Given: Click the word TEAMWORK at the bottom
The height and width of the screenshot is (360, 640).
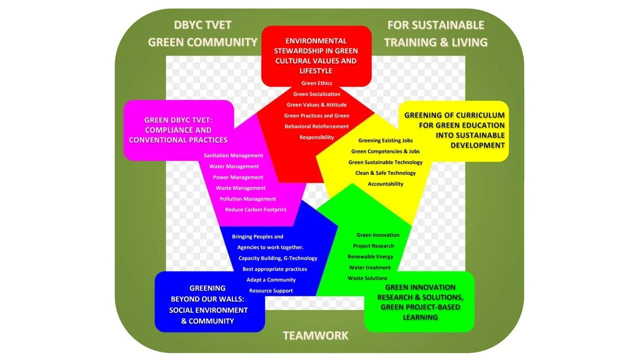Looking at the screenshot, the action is point(315,335).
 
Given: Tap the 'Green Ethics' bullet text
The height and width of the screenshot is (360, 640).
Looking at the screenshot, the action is point(316,83).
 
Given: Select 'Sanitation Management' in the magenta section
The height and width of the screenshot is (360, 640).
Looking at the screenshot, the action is point(233,155).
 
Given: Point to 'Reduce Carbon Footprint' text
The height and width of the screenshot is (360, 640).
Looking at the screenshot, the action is point(255,209).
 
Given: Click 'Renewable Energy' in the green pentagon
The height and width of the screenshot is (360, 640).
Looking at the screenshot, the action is point(370,256).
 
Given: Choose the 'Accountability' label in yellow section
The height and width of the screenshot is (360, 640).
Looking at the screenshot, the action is point(385,184).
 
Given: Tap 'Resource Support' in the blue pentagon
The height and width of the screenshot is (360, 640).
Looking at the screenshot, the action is point(271,290).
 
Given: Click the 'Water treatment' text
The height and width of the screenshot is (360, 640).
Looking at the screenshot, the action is point(370,267).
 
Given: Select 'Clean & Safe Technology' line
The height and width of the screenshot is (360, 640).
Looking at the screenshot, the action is point(385,173).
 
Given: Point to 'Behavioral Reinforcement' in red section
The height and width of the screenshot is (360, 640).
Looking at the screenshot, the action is point(316,126).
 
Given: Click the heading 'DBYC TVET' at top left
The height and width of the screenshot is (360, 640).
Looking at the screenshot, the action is point(202,25).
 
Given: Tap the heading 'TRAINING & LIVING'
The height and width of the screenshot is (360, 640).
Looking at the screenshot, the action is point(435,42).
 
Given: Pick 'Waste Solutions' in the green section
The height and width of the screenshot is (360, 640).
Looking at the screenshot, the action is point(367,278).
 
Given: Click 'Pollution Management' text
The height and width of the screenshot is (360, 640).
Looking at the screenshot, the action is point(248,199).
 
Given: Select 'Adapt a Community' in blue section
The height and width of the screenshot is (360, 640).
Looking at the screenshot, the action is point(271,279).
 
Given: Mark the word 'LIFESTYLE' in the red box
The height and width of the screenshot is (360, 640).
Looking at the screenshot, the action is point(316,71).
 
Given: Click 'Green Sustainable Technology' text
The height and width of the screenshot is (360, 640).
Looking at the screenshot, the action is point(385,162).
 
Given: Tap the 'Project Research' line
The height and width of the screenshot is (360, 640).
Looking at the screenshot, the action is point(373,246).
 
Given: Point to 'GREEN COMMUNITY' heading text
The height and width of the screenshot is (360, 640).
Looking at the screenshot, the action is point(202,42).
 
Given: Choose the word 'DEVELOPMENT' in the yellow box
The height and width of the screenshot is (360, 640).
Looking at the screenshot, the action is point(477,145).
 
